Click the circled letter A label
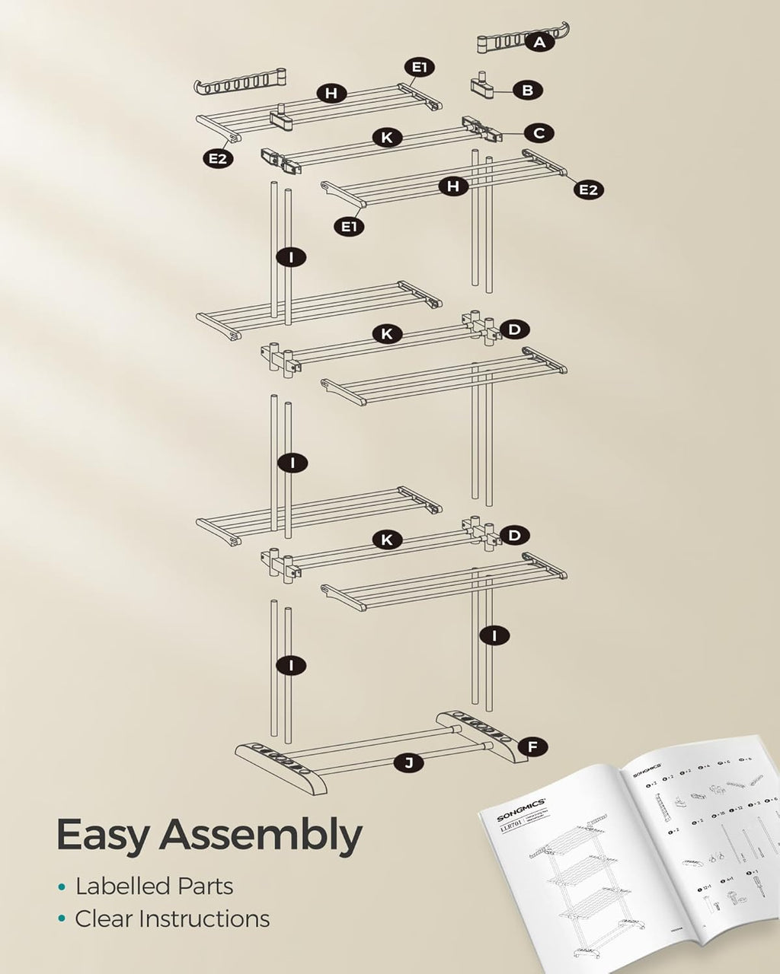(x=539, y=43)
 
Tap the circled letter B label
(x=527, y=91)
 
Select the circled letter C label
(x=539, y=133)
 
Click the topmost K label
(x=387, y=138)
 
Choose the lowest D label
(x=514, y=535)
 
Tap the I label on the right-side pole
(x=495, y=635)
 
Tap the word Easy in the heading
(x=101, y=835)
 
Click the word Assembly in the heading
(x=261, y=836)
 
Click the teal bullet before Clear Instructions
(x=61, y=920)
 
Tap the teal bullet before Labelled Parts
(x=61, y=887)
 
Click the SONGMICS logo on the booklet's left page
(x=521, y=812)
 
